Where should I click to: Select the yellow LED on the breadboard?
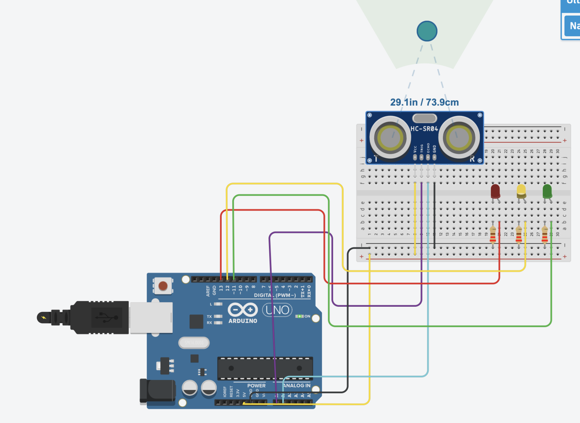click(521, 191)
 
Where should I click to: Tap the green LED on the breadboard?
click(547, 191)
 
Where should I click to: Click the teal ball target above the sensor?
click(427, 31)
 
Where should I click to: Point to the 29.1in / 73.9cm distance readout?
click(424, 102)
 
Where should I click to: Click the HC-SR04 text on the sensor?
click(424, 129)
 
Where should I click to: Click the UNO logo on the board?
click(277, 310)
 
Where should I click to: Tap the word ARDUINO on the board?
click(243, 321)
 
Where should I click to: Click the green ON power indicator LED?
click(299, 316)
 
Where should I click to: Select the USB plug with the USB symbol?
click(100, 317)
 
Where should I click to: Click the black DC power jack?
click(157, 391)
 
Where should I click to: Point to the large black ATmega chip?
click(265, 368)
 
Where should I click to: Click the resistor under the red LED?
click(493, 235)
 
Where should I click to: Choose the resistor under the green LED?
click(545, 235)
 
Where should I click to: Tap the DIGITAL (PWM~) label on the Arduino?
click(275, 295)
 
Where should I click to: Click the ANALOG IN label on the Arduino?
click(297, 385)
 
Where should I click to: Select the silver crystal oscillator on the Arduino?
click(194, 343)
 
